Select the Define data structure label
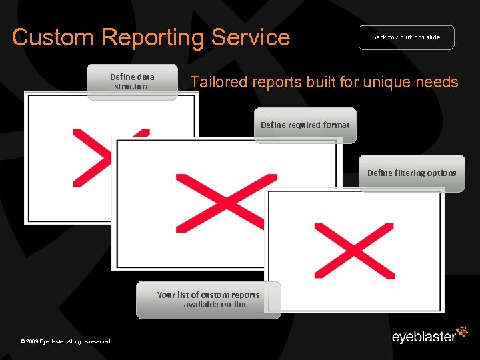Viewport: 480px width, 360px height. (x=132, y=81)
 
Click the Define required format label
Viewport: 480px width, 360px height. (x=305, y=125)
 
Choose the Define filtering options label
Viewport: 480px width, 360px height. (x=411, y=173)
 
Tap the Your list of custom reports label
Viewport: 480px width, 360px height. (x=209, y=299)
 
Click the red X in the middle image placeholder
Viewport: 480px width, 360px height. (x=226, y=202)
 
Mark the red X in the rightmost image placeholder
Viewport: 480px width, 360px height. (x=354, y=250)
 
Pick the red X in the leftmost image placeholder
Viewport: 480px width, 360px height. (x=93, y=158)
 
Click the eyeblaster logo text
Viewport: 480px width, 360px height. (x=423, y=336)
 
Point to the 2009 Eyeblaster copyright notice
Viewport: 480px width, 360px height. (x=65, y=341)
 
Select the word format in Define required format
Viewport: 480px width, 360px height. (x=337, y=125)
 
